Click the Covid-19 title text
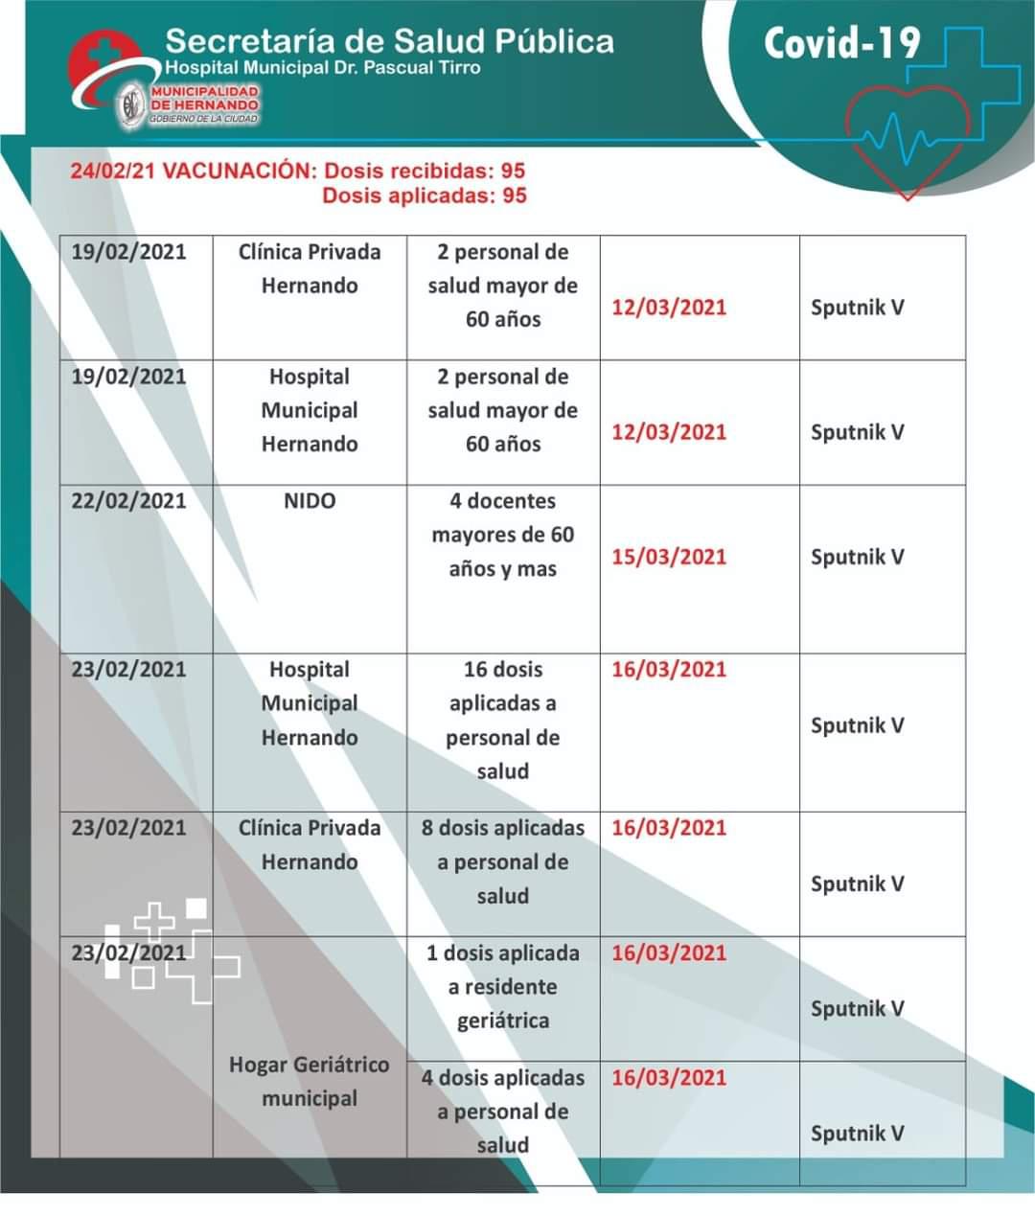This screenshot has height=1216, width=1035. (x=841, y=43)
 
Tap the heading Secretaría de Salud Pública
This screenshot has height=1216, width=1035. (x=389, y=40)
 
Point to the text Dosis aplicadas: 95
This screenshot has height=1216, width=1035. (x=425, y=195)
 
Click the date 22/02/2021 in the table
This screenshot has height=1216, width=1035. (x=128, y=501)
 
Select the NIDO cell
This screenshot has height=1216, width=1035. (x=310, y=501)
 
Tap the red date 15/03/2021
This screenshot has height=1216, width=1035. (x=669, y=557)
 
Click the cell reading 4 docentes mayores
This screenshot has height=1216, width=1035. (x=503, y=535)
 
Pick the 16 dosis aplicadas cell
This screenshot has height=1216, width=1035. (x=503, y=720)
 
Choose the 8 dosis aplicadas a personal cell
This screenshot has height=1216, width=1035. (x=503, y=861)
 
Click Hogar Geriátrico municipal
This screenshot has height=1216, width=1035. (x=310, y=1081)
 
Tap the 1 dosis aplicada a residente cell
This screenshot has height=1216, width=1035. (x=503, y=986)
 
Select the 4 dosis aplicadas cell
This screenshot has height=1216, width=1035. (x=503, y=1111)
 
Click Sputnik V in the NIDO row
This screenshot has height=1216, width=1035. (x=857, y=557)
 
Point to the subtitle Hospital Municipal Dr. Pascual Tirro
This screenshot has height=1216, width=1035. (x=323, y=68)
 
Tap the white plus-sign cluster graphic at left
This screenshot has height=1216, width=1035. (x=172, y=949)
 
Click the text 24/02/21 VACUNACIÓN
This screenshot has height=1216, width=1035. (x=192, y=172)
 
